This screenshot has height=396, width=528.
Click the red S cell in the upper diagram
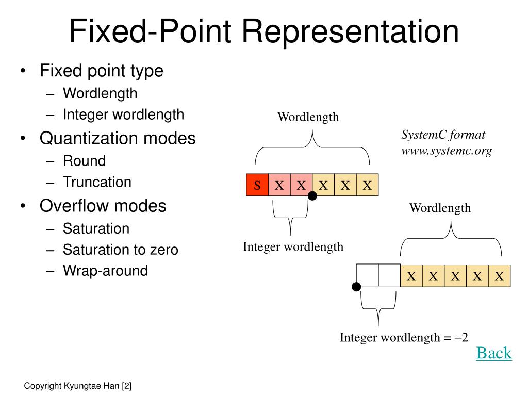[x=257, y=185]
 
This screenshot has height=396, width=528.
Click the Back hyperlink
[x=493, y=353]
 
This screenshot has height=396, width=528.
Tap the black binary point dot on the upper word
[x=312, y=195]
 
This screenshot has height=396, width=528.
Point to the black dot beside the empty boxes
[x=356, y=287]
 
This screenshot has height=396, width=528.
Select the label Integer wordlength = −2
[x=404, y=338]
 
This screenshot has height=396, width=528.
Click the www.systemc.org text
[x=446, y=151]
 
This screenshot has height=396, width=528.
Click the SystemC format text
[x=443, y=135]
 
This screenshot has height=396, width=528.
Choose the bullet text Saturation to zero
[x=120, y=250]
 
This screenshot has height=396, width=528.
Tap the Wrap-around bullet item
[x=105, y=271]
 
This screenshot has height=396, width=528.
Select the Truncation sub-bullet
[x=97, y=182]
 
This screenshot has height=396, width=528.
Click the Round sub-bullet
[x=84, y=161]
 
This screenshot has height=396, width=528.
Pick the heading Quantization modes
[x=118, y=138]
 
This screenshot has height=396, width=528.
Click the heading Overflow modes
[x=103, y=206]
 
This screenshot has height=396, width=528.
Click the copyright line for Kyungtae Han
[x=78, y=386]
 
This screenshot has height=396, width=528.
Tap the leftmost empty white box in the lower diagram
[x=367, y=275]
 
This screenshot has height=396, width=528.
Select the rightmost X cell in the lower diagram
[x=499, y=276]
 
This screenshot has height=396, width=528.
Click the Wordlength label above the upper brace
[x=308, y=117]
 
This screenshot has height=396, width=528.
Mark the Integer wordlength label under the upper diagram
[x=293, y=246]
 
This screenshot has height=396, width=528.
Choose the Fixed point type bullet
[x=102, y=71]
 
